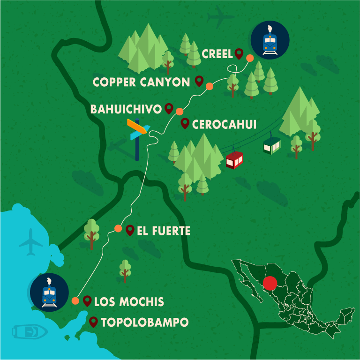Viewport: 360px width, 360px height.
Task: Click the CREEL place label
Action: (217, 54)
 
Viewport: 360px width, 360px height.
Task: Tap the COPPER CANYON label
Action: (141, 82)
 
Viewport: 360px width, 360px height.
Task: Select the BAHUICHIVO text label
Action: (126, 109)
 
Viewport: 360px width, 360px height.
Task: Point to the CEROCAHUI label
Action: (224, 124)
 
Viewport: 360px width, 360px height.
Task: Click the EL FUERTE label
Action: (164, 231)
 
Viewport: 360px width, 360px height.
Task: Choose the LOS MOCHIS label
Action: (129, 302)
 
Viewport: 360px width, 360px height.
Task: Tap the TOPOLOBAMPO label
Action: (144, 322)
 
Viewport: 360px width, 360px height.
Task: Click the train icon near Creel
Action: (270, 40)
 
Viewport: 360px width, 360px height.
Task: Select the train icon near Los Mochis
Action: (49, 292)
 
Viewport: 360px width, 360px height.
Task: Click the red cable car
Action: (234, 160)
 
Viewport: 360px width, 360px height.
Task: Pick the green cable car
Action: (271, 145)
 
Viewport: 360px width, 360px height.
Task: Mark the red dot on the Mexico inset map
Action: (270, 284)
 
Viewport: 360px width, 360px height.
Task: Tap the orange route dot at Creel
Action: (250, 58)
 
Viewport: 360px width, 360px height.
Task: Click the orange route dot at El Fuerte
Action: (118, 229)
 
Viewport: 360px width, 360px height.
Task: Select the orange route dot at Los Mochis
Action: (75, 301)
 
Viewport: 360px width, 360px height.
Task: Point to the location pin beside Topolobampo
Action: (93, 322)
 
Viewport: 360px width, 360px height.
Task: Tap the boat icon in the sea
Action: (30, 331)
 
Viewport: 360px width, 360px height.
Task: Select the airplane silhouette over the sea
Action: (31, 242)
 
